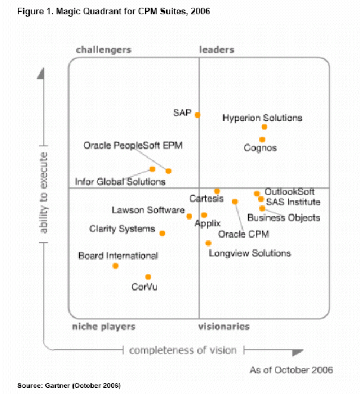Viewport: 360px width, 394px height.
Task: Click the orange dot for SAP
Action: tap(198, 115)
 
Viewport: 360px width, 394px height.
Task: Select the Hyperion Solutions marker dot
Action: tap(264, 127)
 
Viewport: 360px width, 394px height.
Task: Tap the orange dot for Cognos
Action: tap(262, 139)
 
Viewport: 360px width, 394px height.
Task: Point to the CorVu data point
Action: tap(148, 277)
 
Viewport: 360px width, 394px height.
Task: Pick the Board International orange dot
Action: tap(115, 265)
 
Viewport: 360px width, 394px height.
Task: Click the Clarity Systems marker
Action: tap(162, 233)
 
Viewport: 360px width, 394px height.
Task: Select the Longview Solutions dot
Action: tap(208, 243)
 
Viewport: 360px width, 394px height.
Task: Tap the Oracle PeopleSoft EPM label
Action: tap(133, 145)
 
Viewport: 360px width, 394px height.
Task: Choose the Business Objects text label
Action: tap(284, 218)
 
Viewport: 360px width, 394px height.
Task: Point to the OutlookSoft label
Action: tap(290, 192)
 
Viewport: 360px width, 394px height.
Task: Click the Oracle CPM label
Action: tap(243, 234)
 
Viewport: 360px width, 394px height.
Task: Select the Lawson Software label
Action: tap(148, 210)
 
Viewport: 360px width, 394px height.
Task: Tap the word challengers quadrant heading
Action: tap(104, 50)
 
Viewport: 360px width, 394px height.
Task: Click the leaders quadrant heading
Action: tap(217, 50)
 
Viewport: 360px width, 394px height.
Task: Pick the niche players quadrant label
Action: tap(104, 327)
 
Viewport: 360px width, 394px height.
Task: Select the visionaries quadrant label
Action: tap(224, 327)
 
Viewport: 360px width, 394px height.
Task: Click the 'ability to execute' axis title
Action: tap(45, 192)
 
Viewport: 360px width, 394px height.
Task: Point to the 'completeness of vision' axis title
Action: tap(183, 350)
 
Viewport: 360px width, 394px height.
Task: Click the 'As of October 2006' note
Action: tap(291, 370)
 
